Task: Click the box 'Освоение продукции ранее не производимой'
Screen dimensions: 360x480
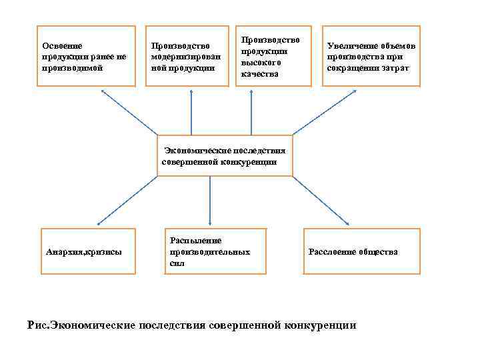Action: click(86, 56)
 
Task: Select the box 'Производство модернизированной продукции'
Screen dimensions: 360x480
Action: click(183, 56)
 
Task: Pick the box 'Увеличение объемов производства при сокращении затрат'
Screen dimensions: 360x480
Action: click(371, 56)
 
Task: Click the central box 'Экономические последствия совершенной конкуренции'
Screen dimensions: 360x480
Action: click(225, 156)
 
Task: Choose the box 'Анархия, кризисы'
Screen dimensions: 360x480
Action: click(88, 251)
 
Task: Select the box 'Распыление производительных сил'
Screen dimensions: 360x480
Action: click(217, 251)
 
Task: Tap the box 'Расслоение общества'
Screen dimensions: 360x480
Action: click(362, 251)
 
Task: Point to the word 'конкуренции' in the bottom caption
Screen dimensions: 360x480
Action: click(319, 325)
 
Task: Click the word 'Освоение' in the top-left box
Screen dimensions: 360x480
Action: click(62, 46)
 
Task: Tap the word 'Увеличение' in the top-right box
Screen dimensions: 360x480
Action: click(351, 46)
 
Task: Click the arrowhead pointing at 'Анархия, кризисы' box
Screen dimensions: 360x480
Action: click(99, 225)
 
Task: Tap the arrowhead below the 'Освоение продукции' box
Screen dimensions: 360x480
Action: click(103, 91)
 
